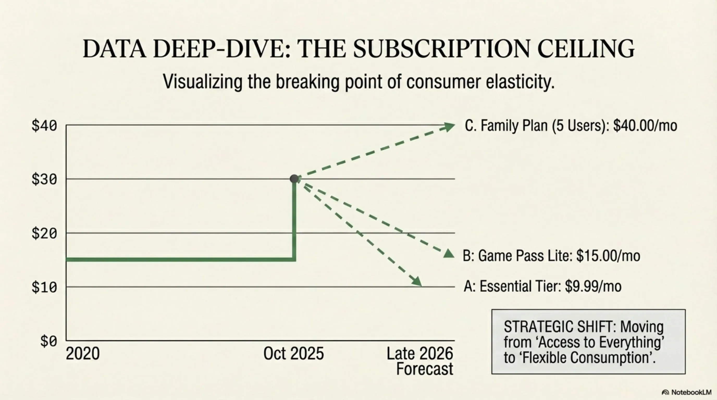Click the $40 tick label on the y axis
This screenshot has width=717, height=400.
[44, 126]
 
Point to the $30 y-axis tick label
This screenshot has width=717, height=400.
[44, 179]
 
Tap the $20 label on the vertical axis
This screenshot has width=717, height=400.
[44, 233]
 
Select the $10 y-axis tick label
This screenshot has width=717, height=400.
[44, 287]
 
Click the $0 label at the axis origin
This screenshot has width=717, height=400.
[49, 341]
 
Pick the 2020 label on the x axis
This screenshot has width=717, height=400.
[83, 354]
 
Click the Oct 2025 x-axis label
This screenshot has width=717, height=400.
[293, 354]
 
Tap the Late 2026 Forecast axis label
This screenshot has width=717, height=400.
[420, 361]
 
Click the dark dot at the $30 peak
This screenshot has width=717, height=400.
[294, 179]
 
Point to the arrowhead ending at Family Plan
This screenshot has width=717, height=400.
[448, 127]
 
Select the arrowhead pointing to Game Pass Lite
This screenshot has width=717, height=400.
[448, 253]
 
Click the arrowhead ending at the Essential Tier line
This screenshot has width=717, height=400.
[417, 281]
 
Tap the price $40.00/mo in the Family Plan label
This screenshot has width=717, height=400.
[645, 126]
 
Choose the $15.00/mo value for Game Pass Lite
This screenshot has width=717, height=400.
[608, 256]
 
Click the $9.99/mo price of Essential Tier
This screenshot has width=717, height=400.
[593, 286]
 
